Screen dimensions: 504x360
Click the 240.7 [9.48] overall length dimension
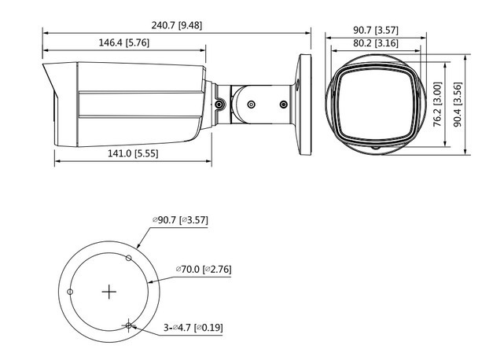(177, 25)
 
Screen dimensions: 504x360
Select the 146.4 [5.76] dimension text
(124, 42)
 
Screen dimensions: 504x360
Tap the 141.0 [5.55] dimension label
(133, 153)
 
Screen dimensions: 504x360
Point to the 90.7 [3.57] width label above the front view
(376, 30)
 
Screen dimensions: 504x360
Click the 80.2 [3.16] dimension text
(376, 43)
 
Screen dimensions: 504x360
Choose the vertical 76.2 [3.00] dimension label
(437, 104)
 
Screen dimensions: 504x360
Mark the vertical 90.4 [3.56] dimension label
(458, 104)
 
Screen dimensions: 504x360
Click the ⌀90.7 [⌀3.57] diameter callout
(180, 220)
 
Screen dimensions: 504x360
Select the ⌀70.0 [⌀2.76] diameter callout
(204, 269)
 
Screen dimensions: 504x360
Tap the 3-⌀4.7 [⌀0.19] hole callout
(193, 328)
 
